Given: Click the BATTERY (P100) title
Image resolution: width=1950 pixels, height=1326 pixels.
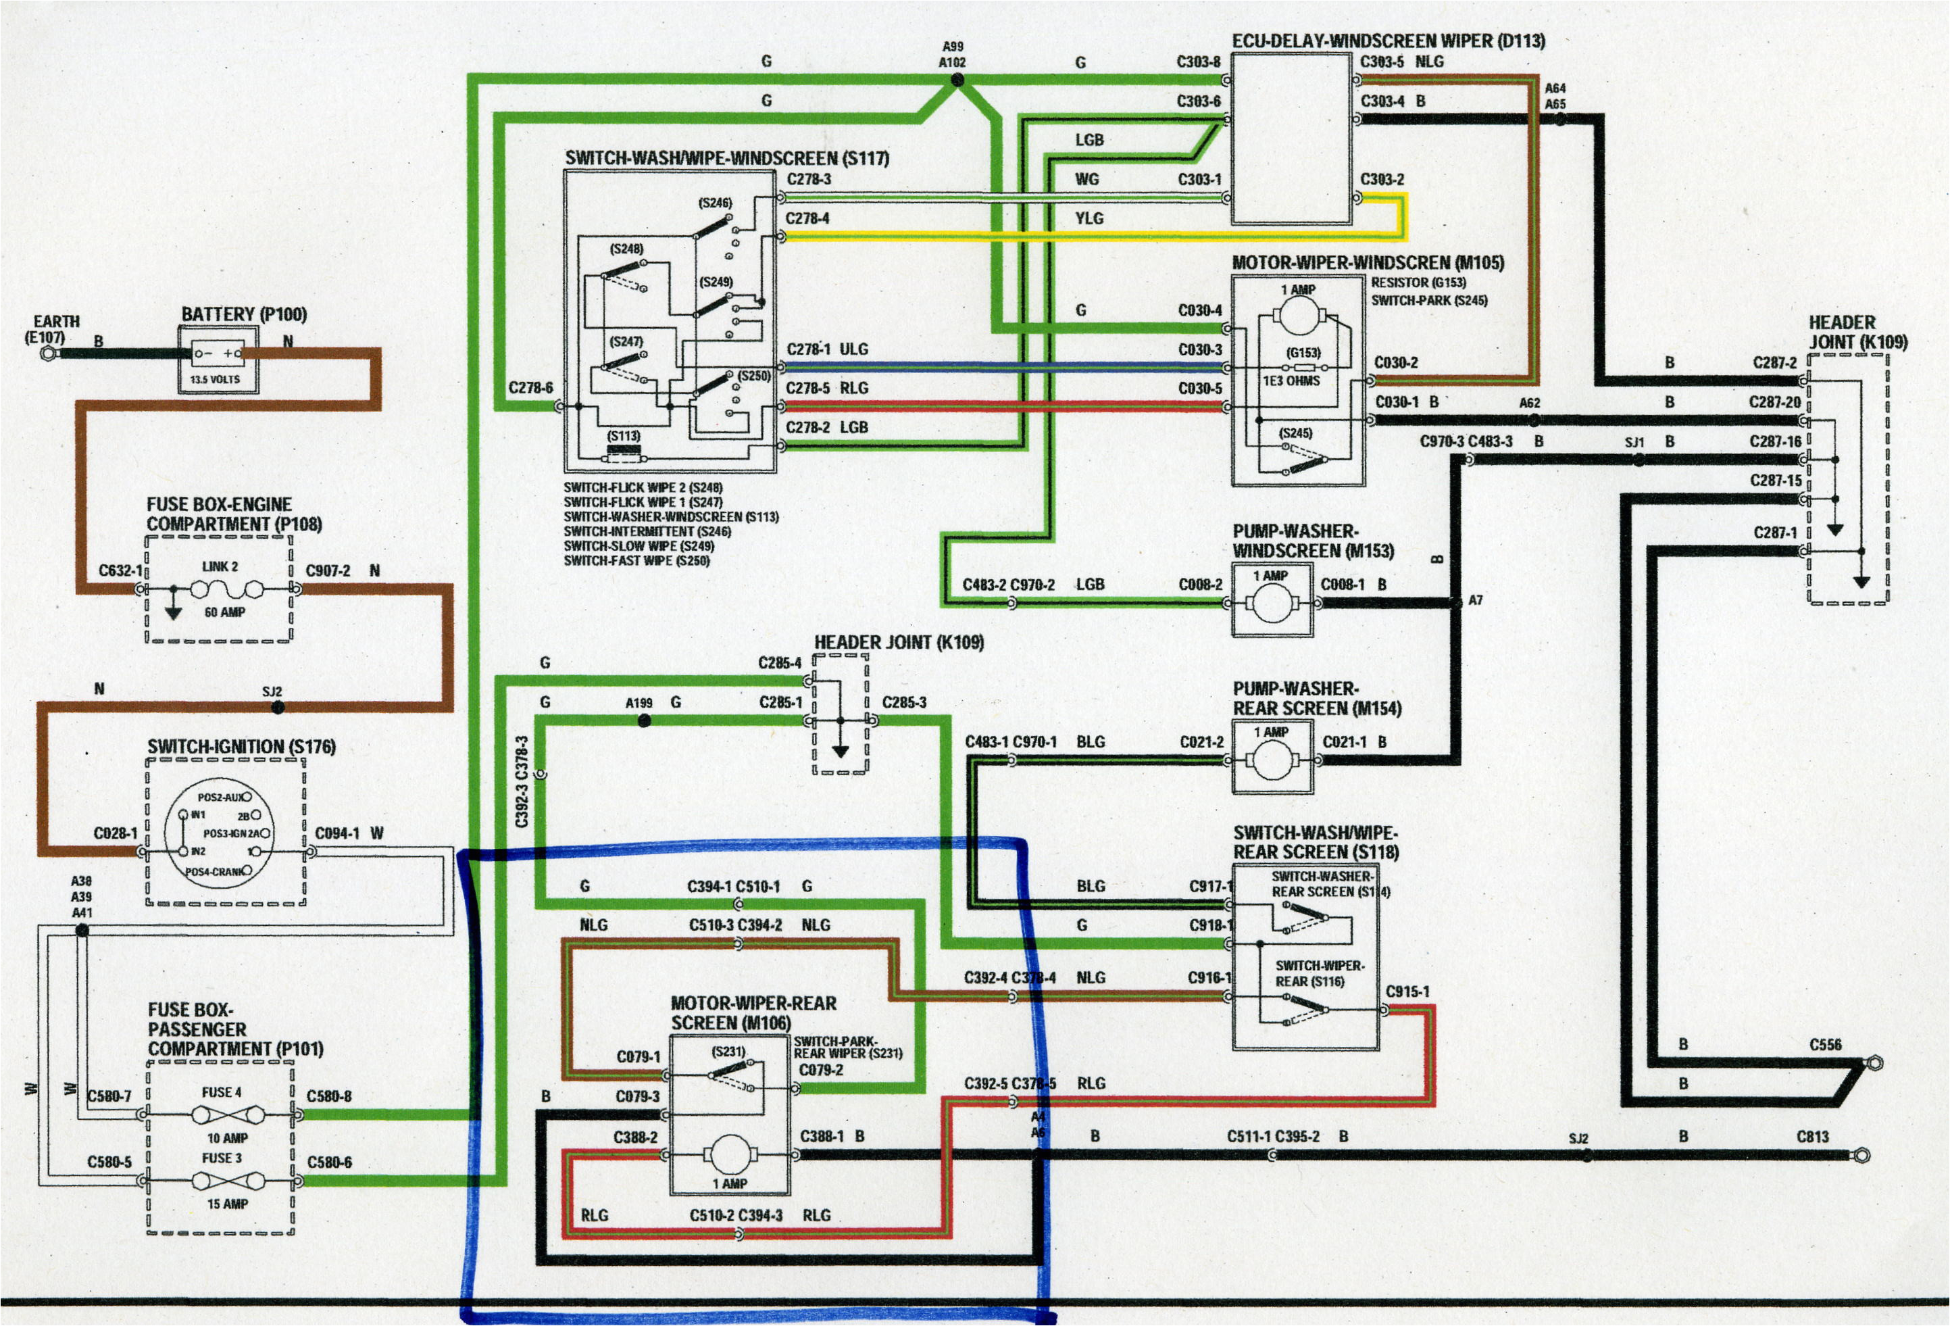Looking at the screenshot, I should [x=244, y=315].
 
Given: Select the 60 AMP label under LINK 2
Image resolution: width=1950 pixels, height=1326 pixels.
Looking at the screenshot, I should [x=225, y=612].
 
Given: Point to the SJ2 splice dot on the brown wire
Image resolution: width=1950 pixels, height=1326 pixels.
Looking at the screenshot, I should [x=278, y=708].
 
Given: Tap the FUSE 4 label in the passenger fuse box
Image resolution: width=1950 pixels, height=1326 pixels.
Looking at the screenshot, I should [x=222, y=1092].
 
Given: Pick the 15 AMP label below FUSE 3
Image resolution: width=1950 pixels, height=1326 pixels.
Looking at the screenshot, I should [x=228, y=1204].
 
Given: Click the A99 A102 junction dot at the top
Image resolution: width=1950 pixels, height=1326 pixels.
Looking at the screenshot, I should [x=957, y=80].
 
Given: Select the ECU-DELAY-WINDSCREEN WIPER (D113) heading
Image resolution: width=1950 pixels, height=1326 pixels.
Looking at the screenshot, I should [x=1388, y=41].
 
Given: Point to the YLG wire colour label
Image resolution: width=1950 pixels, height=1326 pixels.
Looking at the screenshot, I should [x=1089, y=218].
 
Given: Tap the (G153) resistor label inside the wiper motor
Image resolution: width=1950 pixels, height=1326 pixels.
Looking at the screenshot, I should [x=1303, y=353].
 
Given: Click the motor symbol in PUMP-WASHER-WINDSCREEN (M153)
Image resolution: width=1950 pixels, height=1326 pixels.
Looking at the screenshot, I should [x=1272, y=604].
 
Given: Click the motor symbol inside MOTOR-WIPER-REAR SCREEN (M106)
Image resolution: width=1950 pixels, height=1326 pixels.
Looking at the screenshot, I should [x=730, y=1156].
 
